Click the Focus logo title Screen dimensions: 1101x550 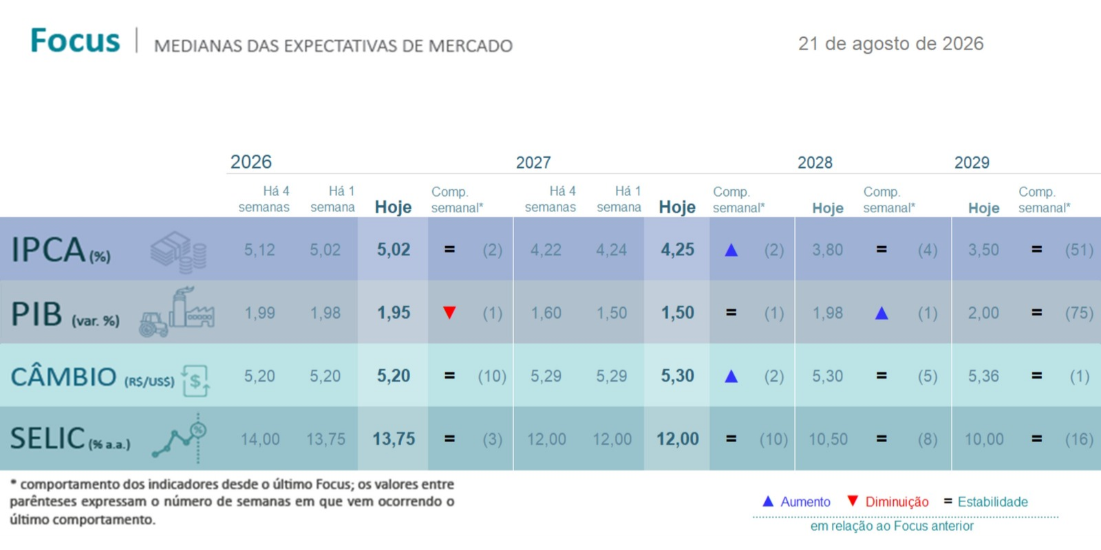tap(75, 41)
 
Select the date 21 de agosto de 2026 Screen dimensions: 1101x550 tap(890, 44)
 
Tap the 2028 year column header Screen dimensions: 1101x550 tap(815, 162)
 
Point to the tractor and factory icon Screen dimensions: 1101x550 tap(177, 312)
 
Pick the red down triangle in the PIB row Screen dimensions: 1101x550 tap(449, 312)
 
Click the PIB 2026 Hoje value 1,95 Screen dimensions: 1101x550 tap(393, 313)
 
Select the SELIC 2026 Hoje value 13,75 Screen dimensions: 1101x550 tap(393, 439)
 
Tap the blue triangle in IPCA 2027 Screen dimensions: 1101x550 tap(731, 250)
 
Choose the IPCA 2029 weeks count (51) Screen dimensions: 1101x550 tap(1079, 250)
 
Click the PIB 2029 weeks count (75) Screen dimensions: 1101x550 tap(1079, 313)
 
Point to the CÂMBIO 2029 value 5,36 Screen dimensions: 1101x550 tap(983, 376)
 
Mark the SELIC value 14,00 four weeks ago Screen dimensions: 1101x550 tap(260, 439)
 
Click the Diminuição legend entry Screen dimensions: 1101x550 tap(888, 502)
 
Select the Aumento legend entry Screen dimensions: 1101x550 tap(795, 502)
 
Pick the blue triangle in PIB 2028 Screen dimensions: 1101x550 tap(881, 313)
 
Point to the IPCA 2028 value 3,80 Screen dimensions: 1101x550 tap(827, 250)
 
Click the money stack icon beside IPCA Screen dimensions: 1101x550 tap(178, 252)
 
